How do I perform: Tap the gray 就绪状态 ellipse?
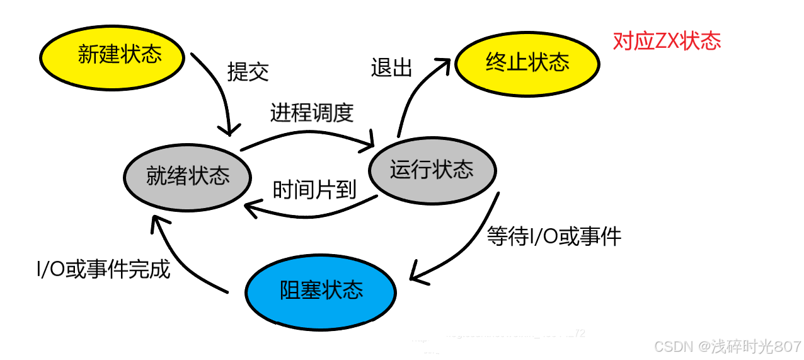click(187, 175)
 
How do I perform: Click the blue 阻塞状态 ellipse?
click(320, 291)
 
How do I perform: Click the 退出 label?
click(391, 67)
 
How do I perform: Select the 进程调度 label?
click(312, 113)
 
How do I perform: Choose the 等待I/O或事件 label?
click(554, 236)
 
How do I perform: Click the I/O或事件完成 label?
click(103, 270)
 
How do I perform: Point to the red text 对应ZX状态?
click(667, 42)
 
